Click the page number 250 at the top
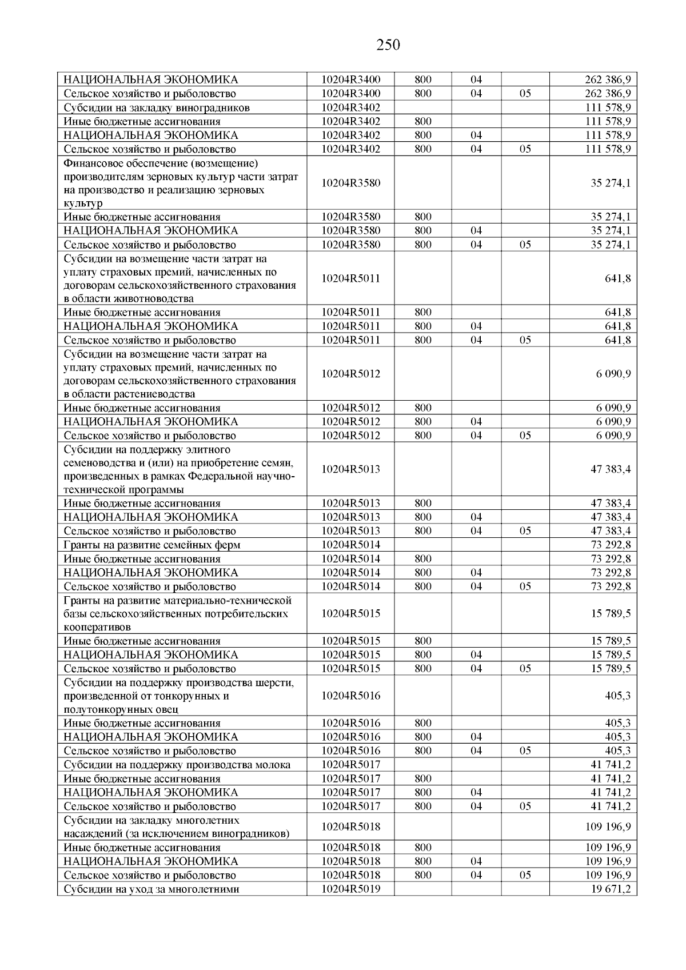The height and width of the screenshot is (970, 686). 388,45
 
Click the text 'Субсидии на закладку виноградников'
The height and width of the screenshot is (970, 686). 157,108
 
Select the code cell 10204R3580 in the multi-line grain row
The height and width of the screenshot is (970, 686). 350,183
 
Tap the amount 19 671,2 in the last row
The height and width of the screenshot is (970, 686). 611,889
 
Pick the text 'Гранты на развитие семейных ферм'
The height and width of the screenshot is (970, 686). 151,545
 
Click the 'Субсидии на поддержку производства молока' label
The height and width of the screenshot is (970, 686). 177,765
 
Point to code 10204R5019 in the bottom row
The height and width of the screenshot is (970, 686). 350,889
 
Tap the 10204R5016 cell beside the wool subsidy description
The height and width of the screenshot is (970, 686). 350,696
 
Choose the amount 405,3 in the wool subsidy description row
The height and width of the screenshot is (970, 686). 618,696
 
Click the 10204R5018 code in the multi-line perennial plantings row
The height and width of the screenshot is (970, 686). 350,827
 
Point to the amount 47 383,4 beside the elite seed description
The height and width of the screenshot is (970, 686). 611,469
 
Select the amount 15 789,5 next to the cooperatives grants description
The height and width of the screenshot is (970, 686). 611,613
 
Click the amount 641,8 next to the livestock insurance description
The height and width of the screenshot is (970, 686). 618,279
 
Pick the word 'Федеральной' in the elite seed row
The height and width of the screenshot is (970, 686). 216,477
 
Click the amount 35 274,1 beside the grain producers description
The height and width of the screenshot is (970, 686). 611,183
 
